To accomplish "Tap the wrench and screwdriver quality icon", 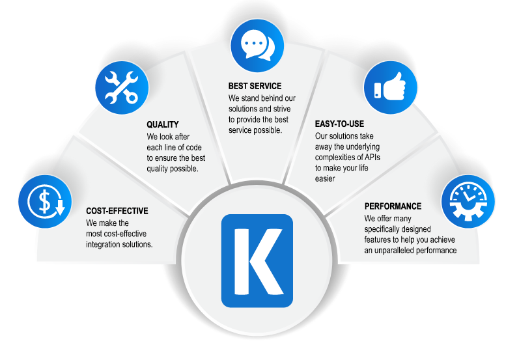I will coord(122,88).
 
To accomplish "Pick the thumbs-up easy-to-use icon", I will coord(390,89).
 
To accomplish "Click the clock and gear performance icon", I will coord(468,200).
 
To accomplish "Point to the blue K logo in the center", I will coord(257,260).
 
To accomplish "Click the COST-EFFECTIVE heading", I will coord(117,212).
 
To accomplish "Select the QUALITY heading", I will coord(162,124).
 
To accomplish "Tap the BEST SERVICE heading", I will coord(255,86).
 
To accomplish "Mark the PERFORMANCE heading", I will coord(393,206).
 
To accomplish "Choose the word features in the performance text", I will coord(379,240).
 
